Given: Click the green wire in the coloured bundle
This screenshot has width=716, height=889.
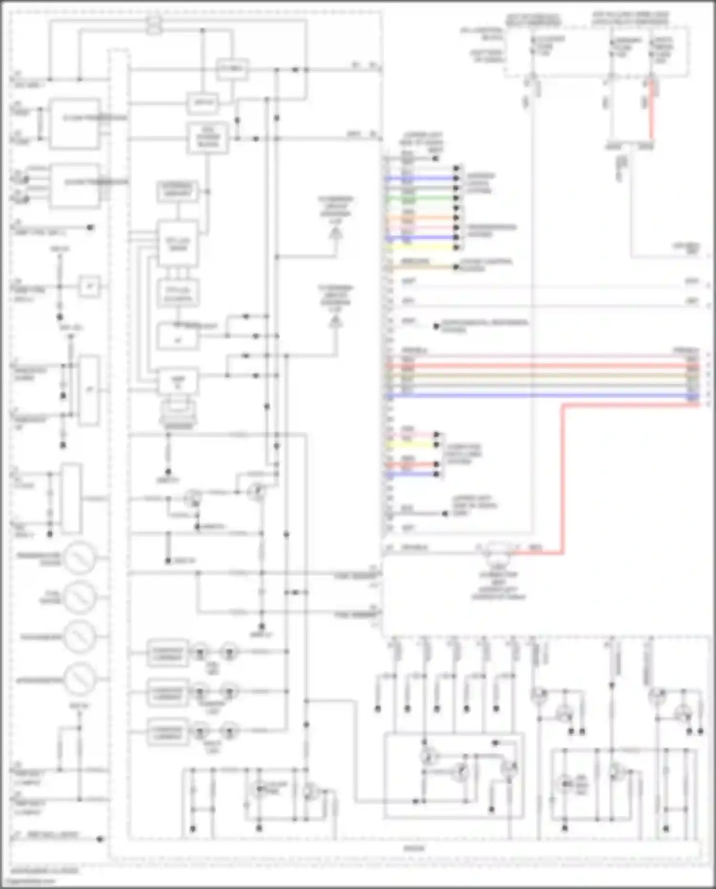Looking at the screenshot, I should (420, 198).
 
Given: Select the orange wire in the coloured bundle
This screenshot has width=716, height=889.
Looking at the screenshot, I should (420, 218).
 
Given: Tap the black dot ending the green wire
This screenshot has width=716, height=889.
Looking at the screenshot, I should (457, 198).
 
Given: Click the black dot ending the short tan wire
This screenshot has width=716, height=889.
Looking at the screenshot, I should (456, 267).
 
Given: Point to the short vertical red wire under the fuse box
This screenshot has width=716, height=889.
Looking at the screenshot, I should (650, 110).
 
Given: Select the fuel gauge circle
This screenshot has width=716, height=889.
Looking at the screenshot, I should (80, 597).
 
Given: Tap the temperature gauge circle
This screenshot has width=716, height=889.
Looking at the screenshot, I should (80, 558).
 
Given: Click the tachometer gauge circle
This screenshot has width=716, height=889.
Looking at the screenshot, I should (80, 636).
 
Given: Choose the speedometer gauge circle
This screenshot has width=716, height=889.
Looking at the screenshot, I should (80, 679).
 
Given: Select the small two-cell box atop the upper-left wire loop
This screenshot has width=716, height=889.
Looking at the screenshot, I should (154, 25).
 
